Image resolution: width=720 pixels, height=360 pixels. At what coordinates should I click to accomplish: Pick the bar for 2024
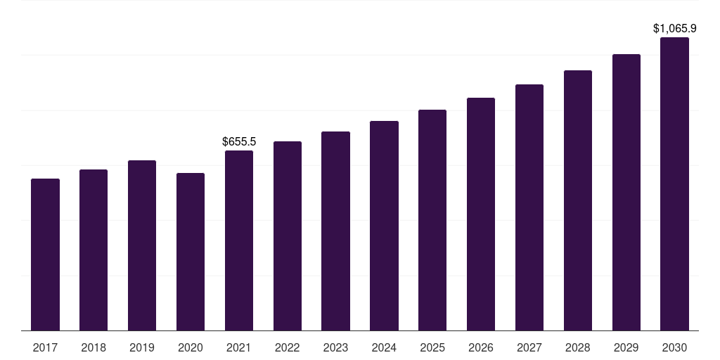click(x=384, y=226)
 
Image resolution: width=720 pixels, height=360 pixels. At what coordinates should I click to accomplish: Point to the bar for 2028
click(x=578, y=200)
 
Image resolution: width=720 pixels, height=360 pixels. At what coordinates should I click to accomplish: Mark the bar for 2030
click(x=674, y=184)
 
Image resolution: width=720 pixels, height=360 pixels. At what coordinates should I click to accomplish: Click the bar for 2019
click(x=142, y=245)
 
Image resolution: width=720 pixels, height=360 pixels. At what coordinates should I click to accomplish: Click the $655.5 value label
click(x=239, y=142)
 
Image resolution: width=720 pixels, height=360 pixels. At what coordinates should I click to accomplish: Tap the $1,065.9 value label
click(x=674, y=29)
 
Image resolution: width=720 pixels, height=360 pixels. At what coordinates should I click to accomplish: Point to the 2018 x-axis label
click(x=94, y=347)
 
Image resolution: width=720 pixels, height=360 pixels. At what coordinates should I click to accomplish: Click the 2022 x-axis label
click(x=287, y=347)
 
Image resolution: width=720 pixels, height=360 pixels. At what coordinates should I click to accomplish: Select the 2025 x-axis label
click(x=432, y=347)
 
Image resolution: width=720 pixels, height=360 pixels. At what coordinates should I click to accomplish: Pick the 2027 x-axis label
click(x=529, y=347)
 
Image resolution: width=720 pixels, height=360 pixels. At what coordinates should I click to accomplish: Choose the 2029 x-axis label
click(x=626, y=347)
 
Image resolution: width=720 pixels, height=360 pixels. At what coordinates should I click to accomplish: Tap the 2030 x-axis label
click(x=674, y=347)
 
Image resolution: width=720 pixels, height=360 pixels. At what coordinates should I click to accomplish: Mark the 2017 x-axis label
click(x=45, y=347)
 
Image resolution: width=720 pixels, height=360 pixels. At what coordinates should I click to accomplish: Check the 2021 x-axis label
click(x=239, y=347)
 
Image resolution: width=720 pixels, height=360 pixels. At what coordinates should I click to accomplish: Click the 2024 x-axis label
click(x=384, y=347)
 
